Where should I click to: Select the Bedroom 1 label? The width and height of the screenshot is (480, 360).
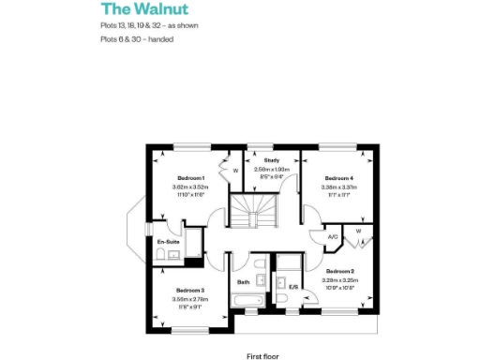(x=191, y=177)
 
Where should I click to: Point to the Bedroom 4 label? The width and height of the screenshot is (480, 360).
(x=338, y=177)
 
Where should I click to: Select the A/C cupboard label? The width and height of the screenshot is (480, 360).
(x=332, y=236)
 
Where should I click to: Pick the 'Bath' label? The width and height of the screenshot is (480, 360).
(x=244, y=281)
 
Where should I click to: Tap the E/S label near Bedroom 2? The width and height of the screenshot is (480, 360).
(x=292, y=286)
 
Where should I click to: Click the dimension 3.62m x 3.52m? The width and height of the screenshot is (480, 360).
(x=191, y=187)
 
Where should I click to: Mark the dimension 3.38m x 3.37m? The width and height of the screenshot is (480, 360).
(x=338, y=187)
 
